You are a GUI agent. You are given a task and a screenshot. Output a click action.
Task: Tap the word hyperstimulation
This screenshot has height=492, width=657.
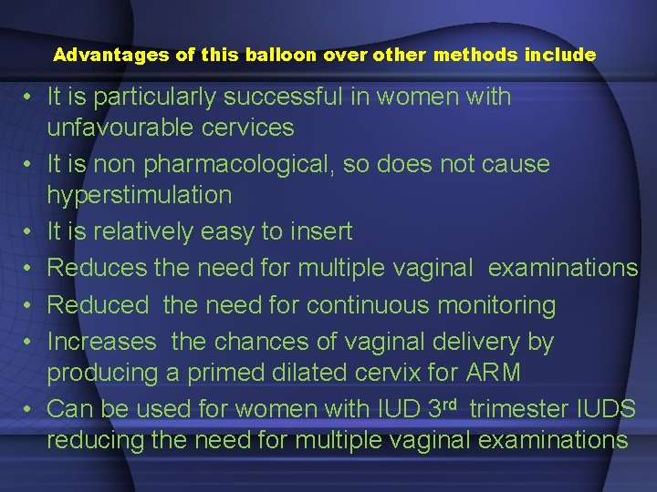[x=140, y=194]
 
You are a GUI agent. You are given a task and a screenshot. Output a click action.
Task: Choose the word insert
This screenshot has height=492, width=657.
[x=319, y=231]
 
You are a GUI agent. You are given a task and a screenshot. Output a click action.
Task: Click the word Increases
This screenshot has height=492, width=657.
[x=101, y=342]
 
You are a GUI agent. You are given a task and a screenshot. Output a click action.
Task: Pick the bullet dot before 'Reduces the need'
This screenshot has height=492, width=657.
[x=31, y=268]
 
